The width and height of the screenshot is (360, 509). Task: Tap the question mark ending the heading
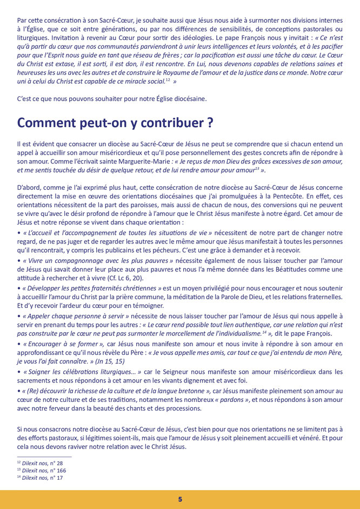(x=208, y=123)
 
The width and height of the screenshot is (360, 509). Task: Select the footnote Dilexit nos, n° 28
(x=39, y=463)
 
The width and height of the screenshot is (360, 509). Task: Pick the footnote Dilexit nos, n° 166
(x=41, y=471)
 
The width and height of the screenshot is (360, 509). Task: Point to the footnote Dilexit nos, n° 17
(x=39, y=478)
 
